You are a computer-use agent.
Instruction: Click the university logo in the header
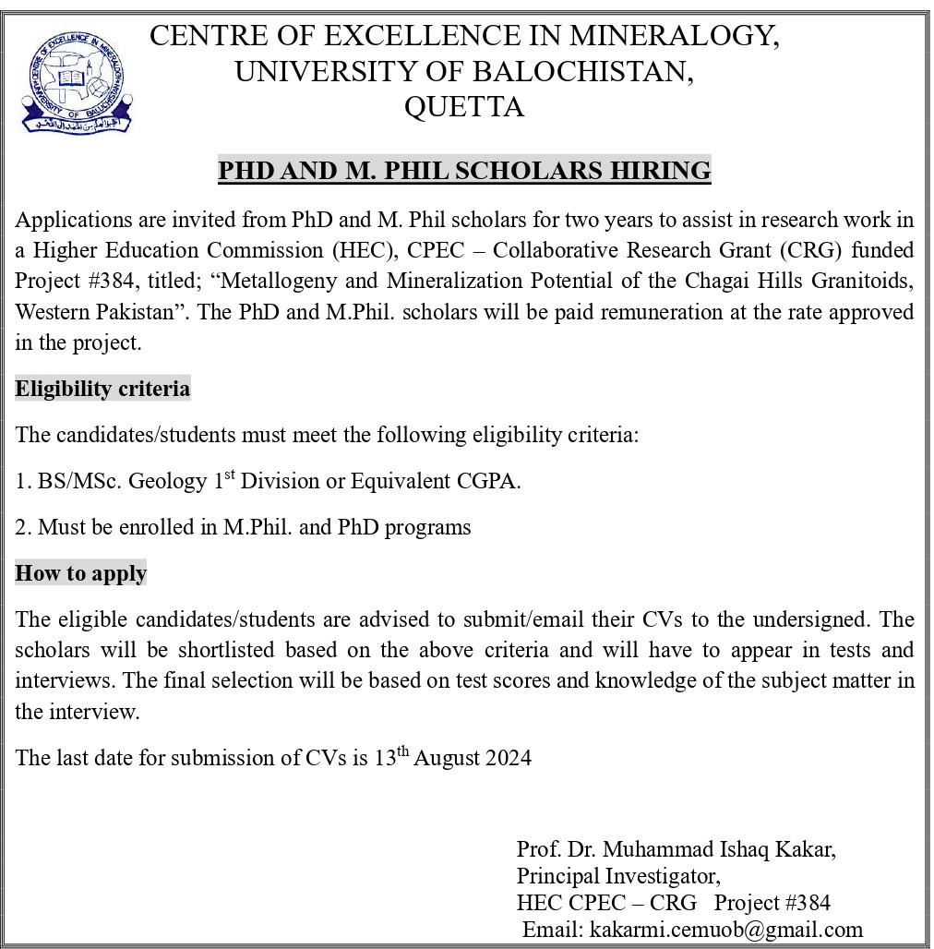[x=78, y=81]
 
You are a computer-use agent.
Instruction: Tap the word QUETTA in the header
[x=464, y=107]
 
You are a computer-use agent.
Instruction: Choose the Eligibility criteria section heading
[x=102, y=389]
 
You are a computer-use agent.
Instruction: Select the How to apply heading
[x=81, y=573]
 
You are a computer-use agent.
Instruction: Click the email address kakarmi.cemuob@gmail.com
[x=725, y=929]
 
